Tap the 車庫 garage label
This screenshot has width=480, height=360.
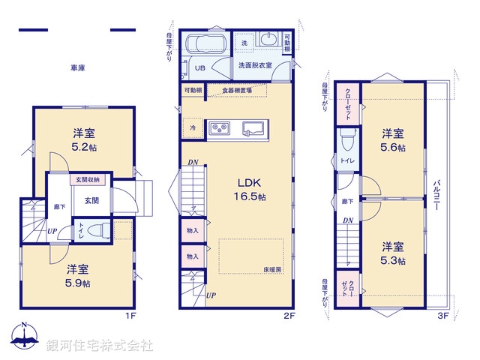pos(78,68)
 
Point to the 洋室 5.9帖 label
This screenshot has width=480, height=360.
pos(77,275)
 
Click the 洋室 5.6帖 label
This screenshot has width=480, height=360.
pos(393,140)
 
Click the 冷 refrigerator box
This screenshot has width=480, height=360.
pos(193,127)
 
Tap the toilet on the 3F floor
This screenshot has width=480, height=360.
pos(346,140)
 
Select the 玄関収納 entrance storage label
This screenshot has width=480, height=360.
pos(88,180)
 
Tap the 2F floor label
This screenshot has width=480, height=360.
pos(288,316)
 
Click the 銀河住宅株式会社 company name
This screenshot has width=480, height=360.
pos(99,345)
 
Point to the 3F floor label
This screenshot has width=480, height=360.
pos(442,316)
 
